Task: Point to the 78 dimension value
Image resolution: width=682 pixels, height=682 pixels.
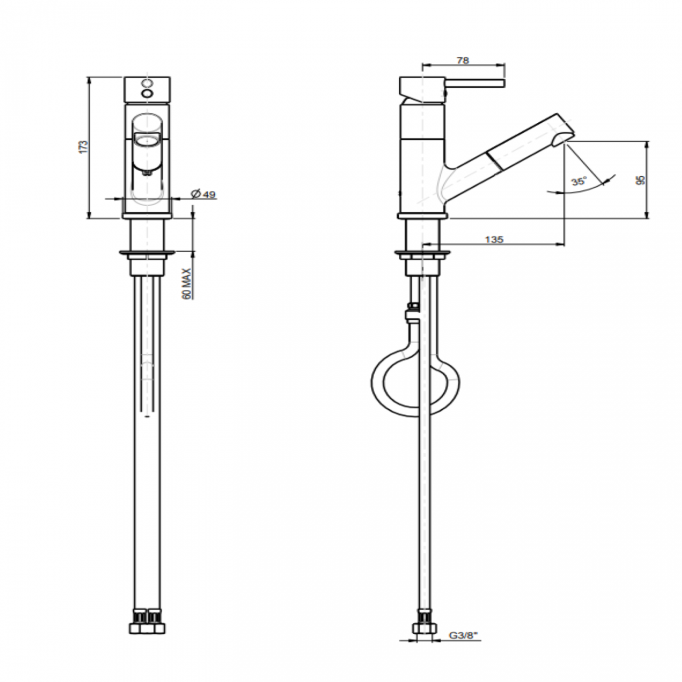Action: [x=462, y=60]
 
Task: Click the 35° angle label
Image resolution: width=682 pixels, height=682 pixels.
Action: [x=579, y=182]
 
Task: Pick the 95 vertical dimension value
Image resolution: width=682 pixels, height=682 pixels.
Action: [x=640, y=179]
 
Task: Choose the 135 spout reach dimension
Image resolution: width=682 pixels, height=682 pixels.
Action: [x=494, y=239]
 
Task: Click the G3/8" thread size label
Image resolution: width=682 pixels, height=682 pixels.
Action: [x=463, y=635]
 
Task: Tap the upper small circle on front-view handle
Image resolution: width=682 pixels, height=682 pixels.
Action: [x=148, y=83]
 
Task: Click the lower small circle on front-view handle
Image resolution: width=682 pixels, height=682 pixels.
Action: [x=148, y=94]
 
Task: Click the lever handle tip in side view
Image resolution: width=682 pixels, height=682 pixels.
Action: [x=502, y=83]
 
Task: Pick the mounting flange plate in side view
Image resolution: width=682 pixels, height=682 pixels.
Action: [x=422, y=255]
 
